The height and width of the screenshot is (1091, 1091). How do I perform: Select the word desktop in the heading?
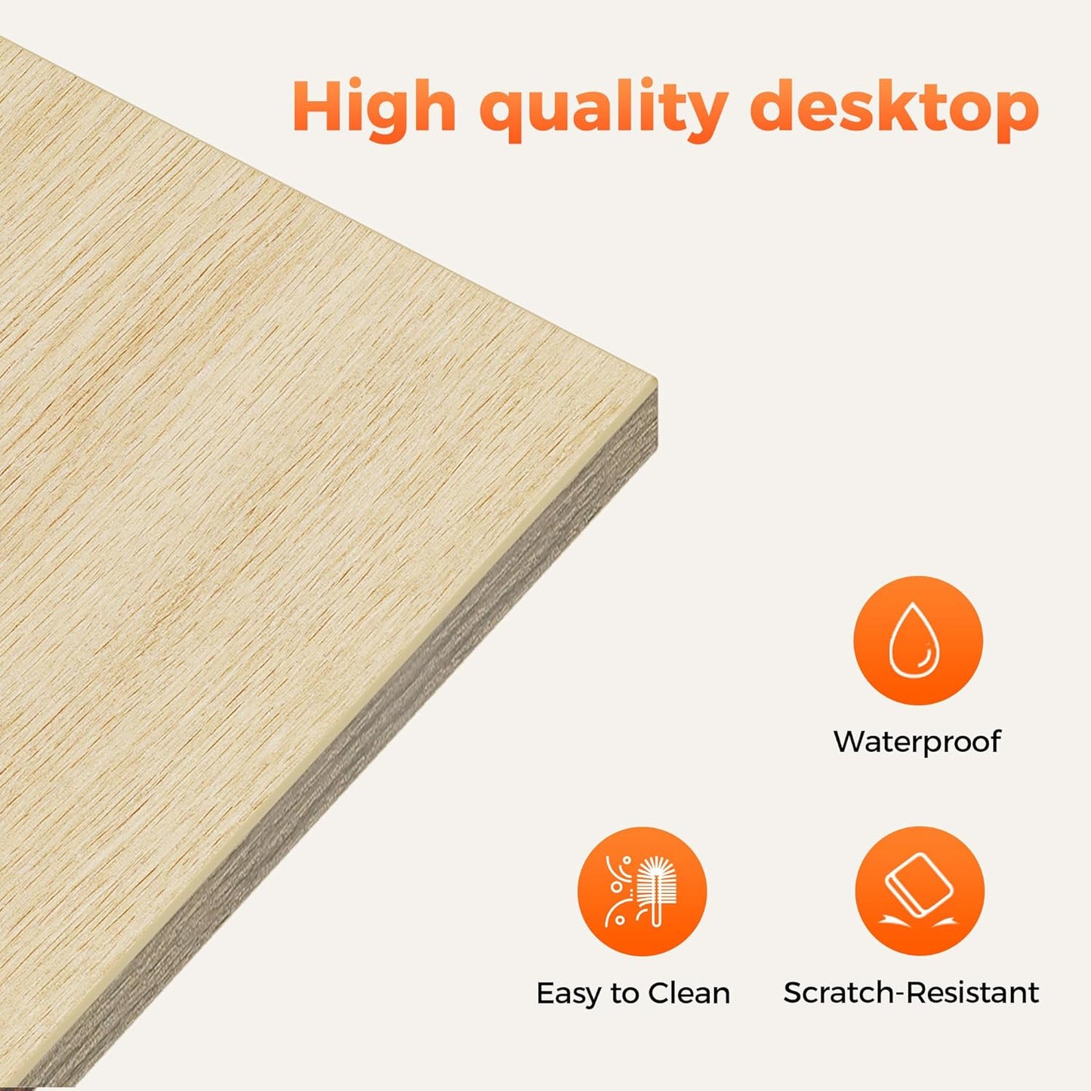tap(895, 110)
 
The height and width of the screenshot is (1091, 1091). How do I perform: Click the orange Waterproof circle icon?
tap(917, 640)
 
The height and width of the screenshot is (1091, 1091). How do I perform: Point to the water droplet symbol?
tap(914, 639)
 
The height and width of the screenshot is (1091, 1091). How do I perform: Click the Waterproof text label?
tap(917, 741)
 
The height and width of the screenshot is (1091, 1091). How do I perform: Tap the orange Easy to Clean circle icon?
tap(642, 891)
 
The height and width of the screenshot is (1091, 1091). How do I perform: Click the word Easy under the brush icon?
tap(569, 994)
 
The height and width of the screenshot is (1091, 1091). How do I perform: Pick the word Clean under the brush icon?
tap(689, 994)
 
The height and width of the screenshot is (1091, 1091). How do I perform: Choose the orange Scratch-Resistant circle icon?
tap(920, 891)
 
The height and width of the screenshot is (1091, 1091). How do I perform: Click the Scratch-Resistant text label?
tap(911, 993)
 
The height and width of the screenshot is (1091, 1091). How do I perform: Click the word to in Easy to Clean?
tap(624, 994)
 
